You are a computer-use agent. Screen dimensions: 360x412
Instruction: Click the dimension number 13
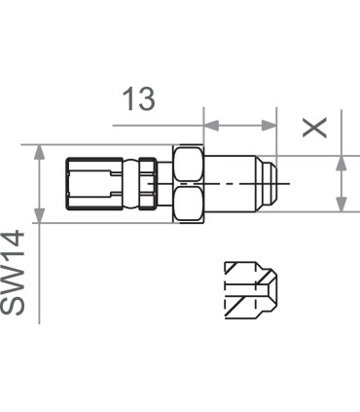[139, 98]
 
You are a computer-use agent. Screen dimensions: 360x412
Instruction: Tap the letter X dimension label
[314, 128]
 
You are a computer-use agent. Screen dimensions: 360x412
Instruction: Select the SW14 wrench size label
[13, 273]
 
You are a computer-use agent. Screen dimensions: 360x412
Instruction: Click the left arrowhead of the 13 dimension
[211, 126]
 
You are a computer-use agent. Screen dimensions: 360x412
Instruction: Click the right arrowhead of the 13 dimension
[269, 126]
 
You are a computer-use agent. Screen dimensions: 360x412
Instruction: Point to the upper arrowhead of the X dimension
[342, 164]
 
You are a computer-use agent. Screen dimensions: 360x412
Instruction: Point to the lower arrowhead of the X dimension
[342, 205]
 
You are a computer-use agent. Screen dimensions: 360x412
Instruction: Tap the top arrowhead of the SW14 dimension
[39, 153]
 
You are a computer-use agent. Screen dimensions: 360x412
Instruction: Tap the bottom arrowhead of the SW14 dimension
[39, 215]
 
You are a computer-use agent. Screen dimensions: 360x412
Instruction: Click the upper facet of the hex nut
[188, 164]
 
